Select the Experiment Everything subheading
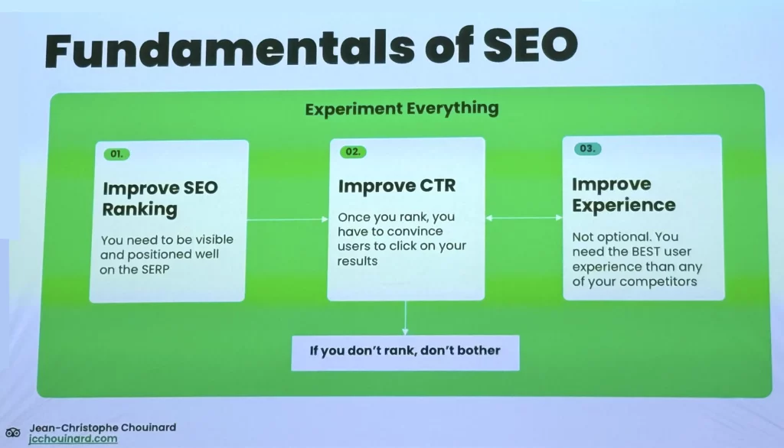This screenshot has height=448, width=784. (401, 109)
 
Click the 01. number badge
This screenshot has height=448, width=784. (116, 154)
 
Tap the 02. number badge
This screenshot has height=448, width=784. (353, 151)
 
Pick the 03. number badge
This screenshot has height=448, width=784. (587, 148)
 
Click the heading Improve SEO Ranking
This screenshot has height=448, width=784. (160, 199)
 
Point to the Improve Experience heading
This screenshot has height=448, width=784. (623, 194)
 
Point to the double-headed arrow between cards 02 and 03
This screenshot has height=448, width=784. (524, 219)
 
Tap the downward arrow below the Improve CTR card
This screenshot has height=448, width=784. (405, 317)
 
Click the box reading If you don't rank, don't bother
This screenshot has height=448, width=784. (405, 351)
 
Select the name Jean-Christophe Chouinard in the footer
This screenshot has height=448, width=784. (103, 427)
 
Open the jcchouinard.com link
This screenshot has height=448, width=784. (73, 439)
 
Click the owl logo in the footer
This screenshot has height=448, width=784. (13, 433)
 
